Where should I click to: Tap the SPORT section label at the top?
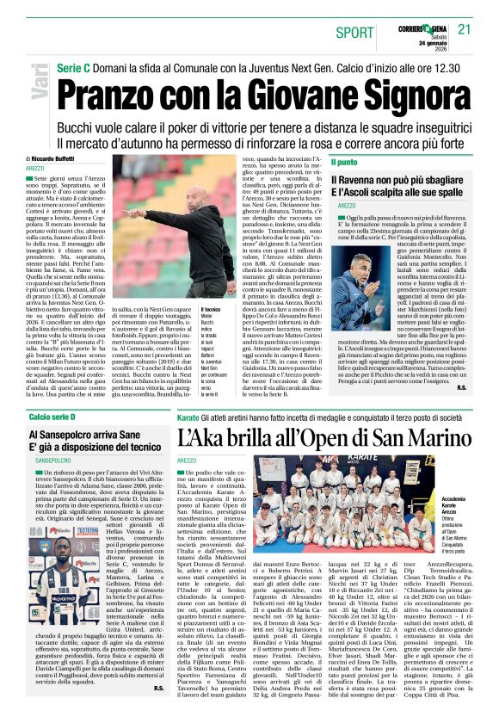coord(355,32)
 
